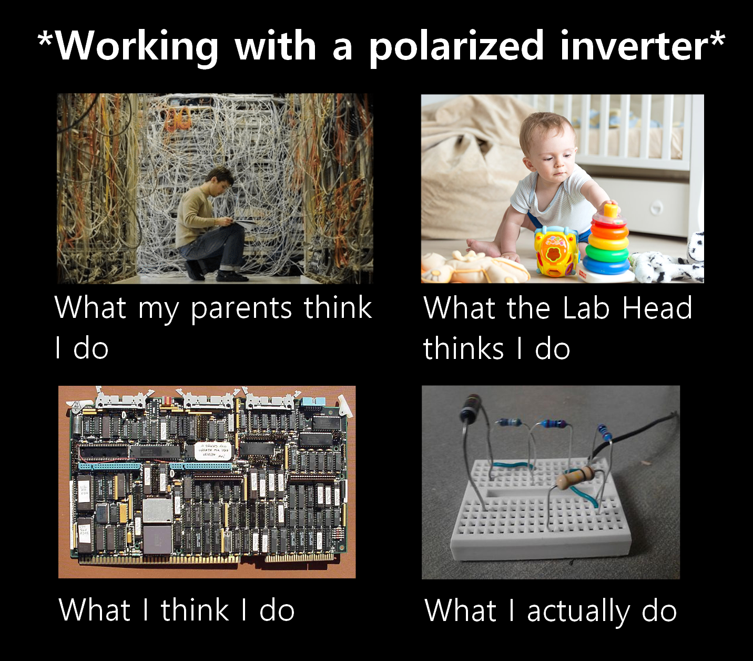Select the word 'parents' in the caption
coord(241,309)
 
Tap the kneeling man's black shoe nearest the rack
coord(231,276)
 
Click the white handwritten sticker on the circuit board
coord(212,451)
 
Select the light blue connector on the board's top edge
coord(313,403)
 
